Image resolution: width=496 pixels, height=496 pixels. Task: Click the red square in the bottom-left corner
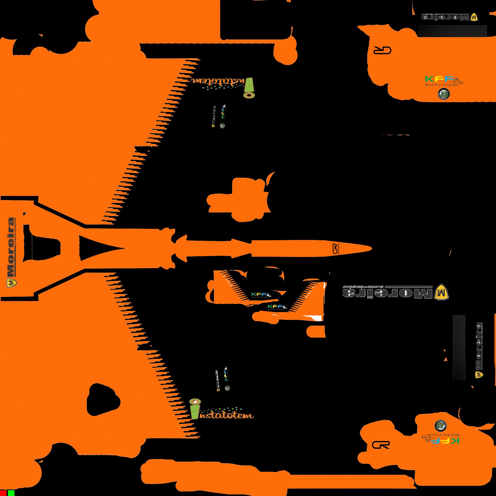click(x=3, y=493)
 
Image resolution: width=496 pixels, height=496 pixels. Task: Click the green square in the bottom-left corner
click(x=11, y=493)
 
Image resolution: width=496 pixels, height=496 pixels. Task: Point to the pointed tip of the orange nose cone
click(x=370, y=248)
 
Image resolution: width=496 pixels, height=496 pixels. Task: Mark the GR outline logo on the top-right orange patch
click(x=382, y=51)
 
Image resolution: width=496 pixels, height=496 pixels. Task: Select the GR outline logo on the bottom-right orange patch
click(x=381, y=445)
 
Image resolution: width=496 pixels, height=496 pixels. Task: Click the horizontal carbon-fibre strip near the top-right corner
click(x=452, y=31)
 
